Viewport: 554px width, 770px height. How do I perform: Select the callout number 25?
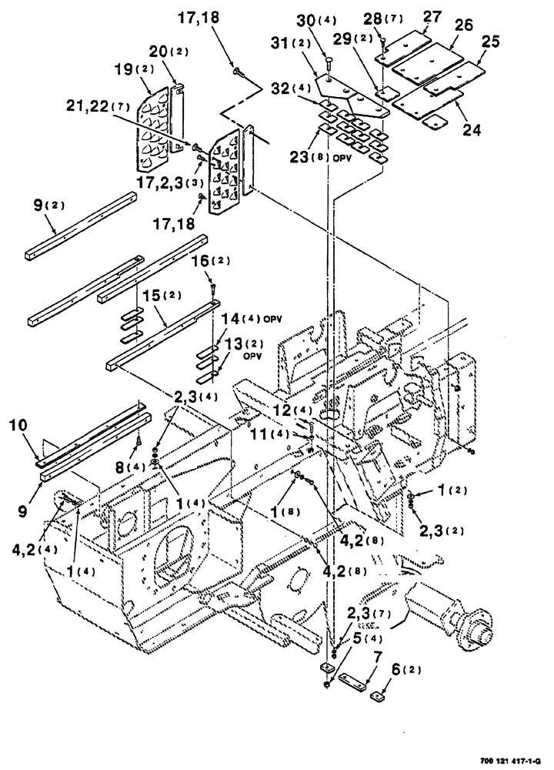point(490,44)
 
